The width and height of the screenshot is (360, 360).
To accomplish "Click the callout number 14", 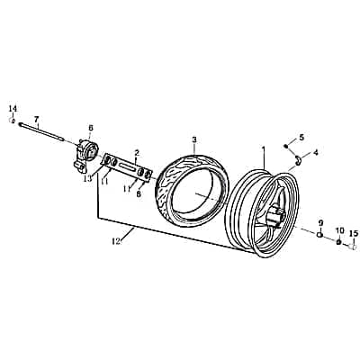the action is click(x=13, y=109).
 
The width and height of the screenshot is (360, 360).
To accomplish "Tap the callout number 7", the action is click(x=37, y=119).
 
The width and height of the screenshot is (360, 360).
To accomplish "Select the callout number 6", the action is click(x=90, y=128).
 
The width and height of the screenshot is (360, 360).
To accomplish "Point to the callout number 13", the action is click(x=87, y=178).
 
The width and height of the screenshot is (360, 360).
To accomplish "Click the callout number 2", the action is click(x=136, y=152).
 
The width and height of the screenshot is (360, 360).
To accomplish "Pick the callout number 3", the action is click(x=193, y=140).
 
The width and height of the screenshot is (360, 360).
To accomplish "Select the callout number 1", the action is click(x=264, y=148).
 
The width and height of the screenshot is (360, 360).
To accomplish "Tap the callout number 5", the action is click(x=301, y=137).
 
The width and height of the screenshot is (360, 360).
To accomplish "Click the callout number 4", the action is click(x=315, y=153).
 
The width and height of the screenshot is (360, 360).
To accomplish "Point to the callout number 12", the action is click(x=116, y=241).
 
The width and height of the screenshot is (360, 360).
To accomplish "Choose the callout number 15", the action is click(x=353, y=233).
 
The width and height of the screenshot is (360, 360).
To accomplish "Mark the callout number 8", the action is click(x=139, y=193).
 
